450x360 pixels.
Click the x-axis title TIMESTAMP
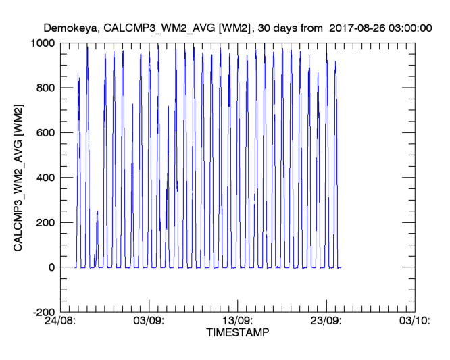coord(236,333)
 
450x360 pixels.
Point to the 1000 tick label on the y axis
coord(43,43)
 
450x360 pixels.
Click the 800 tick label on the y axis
coord(47,88)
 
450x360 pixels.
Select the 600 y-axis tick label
coord(47,133)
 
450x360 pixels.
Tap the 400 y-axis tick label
coord(47,178)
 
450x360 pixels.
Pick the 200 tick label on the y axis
coord(47,223)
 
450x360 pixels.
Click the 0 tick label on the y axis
coord(52,267)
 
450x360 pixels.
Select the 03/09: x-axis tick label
coord(149,322)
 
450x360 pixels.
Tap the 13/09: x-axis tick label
coord(238,322)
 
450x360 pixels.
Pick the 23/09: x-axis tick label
coord(326,322)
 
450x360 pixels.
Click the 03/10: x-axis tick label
coord(414,322)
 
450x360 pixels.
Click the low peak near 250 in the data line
coord(97,212)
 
